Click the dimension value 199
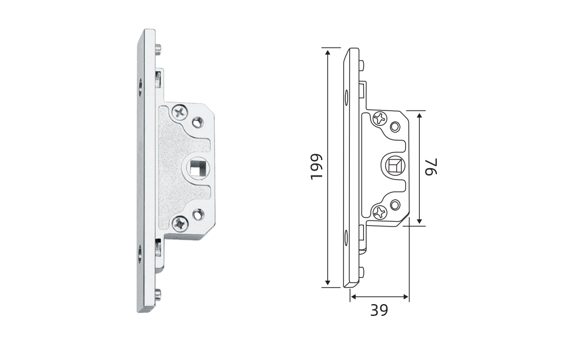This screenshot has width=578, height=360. click(316, 166)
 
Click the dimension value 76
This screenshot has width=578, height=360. click(431, 168)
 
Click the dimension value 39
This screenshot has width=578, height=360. click(379, 310)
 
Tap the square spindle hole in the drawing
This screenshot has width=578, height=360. click(395, 166)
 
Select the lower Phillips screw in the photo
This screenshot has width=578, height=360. click(181, 224)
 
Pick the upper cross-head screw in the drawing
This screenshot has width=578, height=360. click(379, 119)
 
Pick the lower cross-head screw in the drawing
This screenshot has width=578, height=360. click(379, 212)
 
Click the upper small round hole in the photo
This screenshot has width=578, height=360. click(198, 121)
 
